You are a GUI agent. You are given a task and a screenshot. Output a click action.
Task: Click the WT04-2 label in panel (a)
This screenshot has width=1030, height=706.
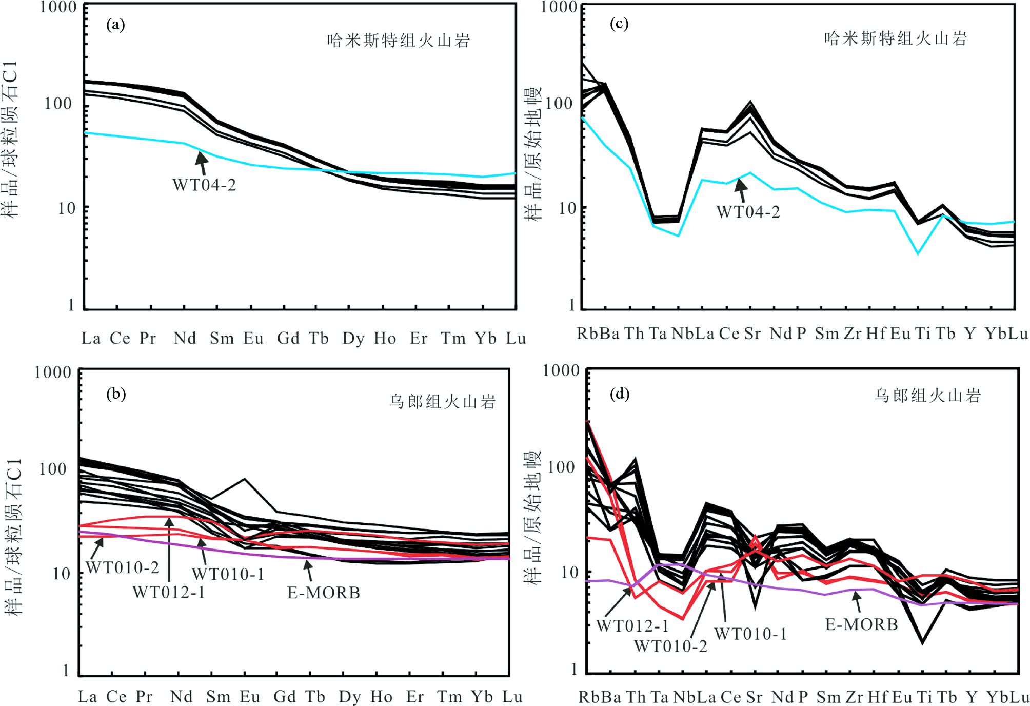click(204, 185)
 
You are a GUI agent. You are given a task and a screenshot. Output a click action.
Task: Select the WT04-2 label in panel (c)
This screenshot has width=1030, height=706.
click(748, 212)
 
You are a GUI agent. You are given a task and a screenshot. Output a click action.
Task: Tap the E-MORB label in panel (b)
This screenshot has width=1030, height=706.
click(324, 593)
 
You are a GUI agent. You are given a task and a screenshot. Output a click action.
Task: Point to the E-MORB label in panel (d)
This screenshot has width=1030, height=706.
click(861, 624)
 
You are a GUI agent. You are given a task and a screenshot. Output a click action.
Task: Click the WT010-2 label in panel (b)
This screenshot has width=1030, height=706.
click(122, 567)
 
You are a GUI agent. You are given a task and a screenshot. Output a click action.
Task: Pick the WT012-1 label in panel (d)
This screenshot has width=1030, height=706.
click(632, 626)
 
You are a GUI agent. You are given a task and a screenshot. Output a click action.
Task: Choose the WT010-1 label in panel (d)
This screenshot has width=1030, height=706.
click(750, 634)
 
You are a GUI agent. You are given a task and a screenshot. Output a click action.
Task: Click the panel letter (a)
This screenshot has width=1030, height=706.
click(115, 24)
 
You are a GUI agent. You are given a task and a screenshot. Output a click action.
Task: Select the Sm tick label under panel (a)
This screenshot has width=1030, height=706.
click(222, 339)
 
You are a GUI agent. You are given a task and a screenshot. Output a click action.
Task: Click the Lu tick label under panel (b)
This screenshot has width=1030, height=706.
click(512, 697)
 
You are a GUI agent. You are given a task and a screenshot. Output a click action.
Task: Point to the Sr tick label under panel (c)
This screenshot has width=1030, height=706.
click(752, 334)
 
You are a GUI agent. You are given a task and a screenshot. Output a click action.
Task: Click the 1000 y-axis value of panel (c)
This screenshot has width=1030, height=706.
click(560, 7)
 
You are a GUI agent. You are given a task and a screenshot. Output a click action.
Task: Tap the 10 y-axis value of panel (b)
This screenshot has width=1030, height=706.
click(62, 574)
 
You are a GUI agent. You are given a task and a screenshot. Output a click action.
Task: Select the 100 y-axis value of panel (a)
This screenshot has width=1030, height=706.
click(58, 104)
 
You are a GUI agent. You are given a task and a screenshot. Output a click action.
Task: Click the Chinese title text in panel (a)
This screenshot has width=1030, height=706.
click(399, 41)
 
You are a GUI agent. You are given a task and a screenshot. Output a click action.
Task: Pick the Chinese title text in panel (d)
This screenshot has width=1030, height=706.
click(927, 396)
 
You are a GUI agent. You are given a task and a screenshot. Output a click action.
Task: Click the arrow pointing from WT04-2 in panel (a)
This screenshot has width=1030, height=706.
click(202, 163)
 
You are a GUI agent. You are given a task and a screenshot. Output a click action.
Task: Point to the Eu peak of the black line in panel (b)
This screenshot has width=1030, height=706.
click(245, 479)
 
